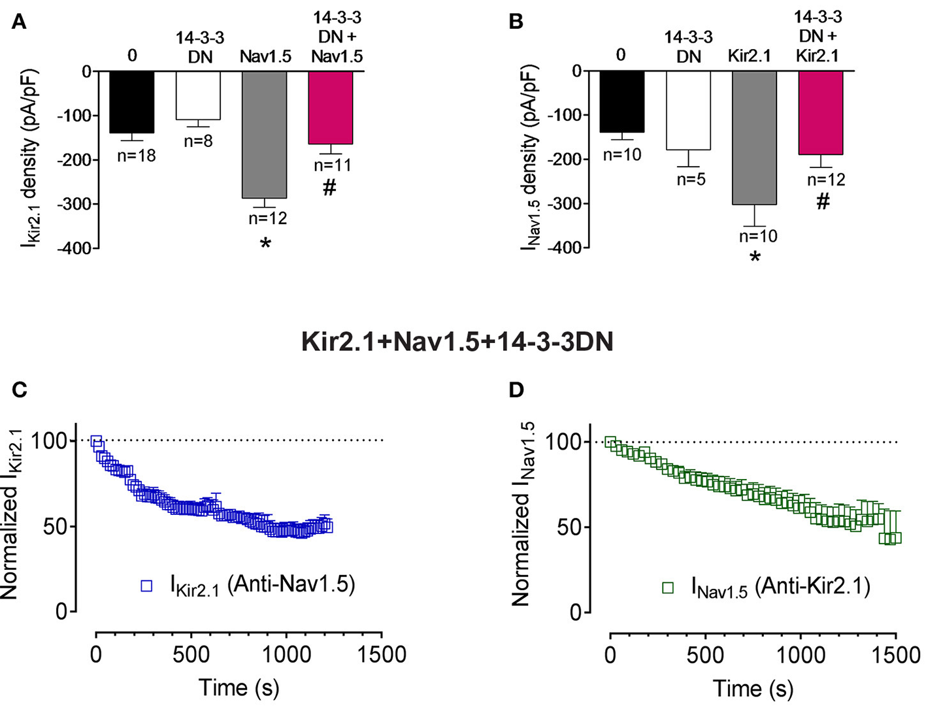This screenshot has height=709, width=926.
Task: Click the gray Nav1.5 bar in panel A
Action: [x=264, y=134]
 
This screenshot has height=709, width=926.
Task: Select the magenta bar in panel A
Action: [x=331, y=107]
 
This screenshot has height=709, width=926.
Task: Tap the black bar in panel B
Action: [x=622, y=101]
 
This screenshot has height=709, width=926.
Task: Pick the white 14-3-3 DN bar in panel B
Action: [x=688, y=110]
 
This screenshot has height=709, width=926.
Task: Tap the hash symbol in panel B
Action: [x=823, y=202]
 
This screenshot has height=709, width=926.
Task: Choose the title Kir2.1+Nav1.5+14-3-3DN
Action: [x=457, y=342]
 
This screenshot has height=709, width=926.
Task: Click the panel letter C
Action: [x=20, y=389]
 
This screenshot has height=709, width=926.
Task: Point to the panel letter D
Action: [x=516, y=390]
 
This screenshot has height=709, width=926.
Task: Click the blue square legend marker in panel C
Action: [x=146, y=586]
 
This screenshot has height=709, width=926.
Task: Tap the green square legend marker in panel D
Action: [x=668, y=588]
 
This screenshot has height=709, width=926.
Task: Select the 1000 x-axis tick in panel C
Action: [x=286, y=654]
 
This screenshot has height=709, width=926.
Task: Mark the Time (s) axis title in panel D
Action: [x=753, y=689]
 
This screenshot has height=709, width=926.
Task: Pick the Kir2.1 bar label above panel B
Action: [x=750, y=56]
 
